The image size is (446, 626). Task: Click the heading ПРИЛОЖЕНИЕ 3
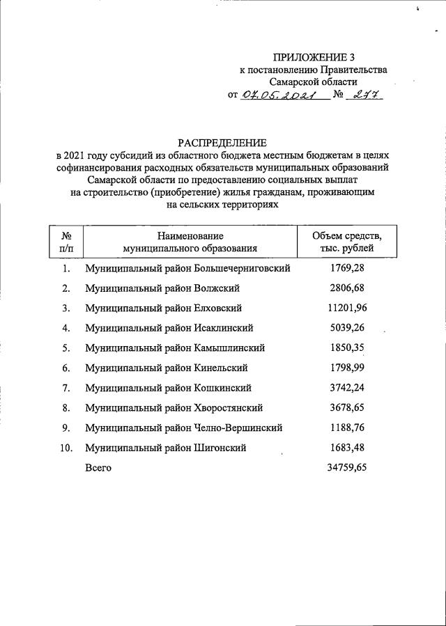click(309, 57)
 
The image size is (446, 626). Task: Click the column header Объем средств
click(346, 237)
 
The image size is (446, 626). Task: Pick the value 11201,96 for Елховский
click(346, 308)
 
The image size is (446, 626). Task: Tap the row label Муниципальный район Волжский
click(162, 288)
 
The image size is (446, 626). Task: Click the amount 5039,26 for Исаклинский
click(346, 327)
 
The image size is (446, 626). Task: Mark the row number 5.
click(66, 347)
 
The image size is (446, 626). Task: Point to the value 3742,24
click(346, 388)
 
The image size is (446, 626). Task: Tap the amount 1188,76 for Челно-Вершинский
click(346, 428)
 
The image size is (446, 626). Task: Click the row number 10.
click(66, 448)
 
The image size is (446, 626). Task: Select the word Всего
click(98, 468)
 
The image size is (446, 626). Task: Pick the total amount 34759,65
click(346, 468)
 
